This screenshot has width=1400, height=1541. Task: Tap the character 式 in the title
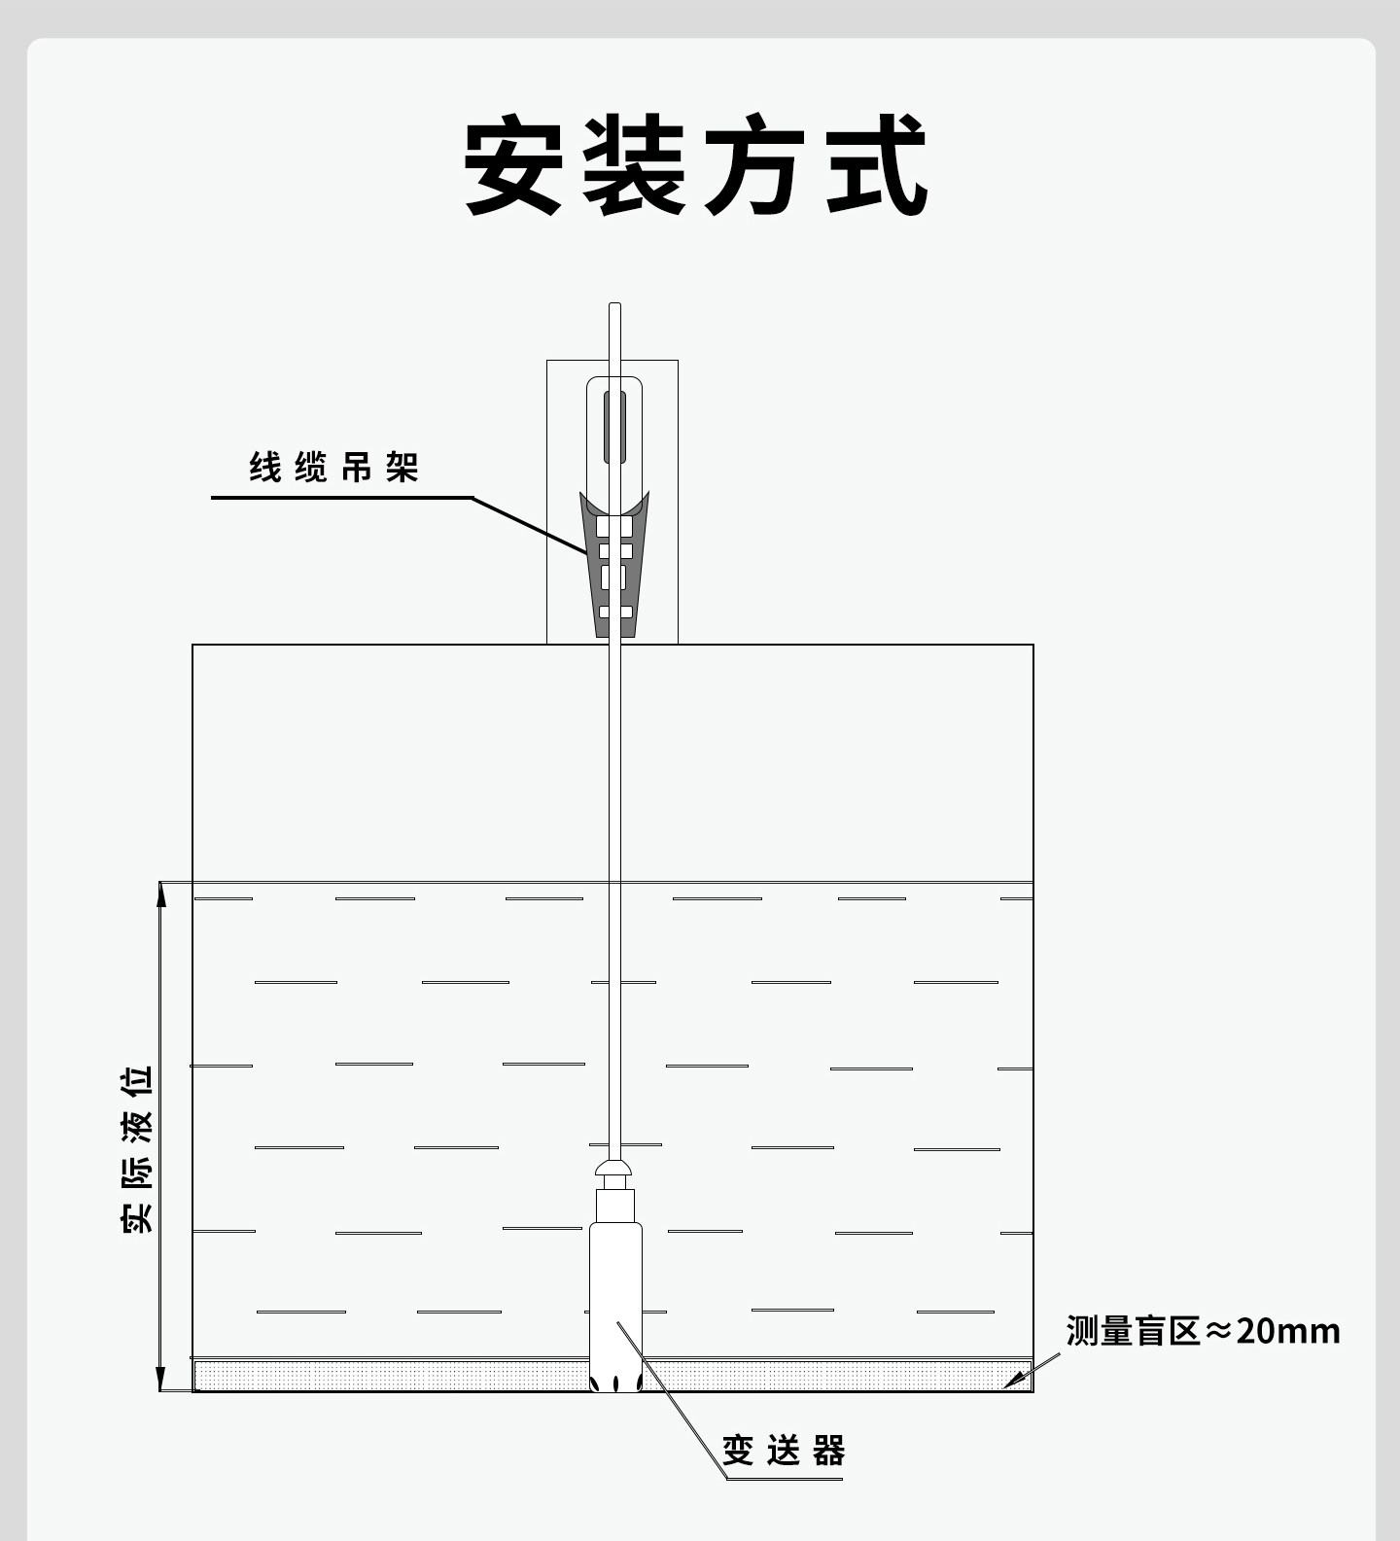[x=878, y=165]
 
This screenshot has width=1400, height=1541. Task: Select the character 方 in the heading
[x=756, y=165]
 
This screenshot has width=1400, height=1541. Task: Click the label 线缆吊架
[x=333, y=468]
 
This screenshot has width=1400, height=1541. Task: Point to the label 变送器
[x=784, y=1451]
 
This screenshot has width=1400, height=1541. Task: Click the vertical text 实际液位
[x=138, y=1149]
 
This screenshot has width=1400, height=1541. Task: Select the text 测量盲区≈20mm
[x=1203, y=1330]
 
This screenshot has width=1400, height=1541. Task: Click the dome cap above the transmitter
[x=615, y=1166]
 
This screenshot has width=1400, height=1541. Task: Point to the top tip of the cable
[x=614, y=304]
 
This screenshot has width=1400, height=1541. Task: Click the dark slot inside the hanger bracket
[x=614, y=427]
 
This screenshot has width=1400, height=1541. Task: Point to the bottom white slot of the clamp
[x=615, y=613]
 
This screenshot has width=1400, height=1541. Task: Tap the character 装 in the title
[x=635, y=165]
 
